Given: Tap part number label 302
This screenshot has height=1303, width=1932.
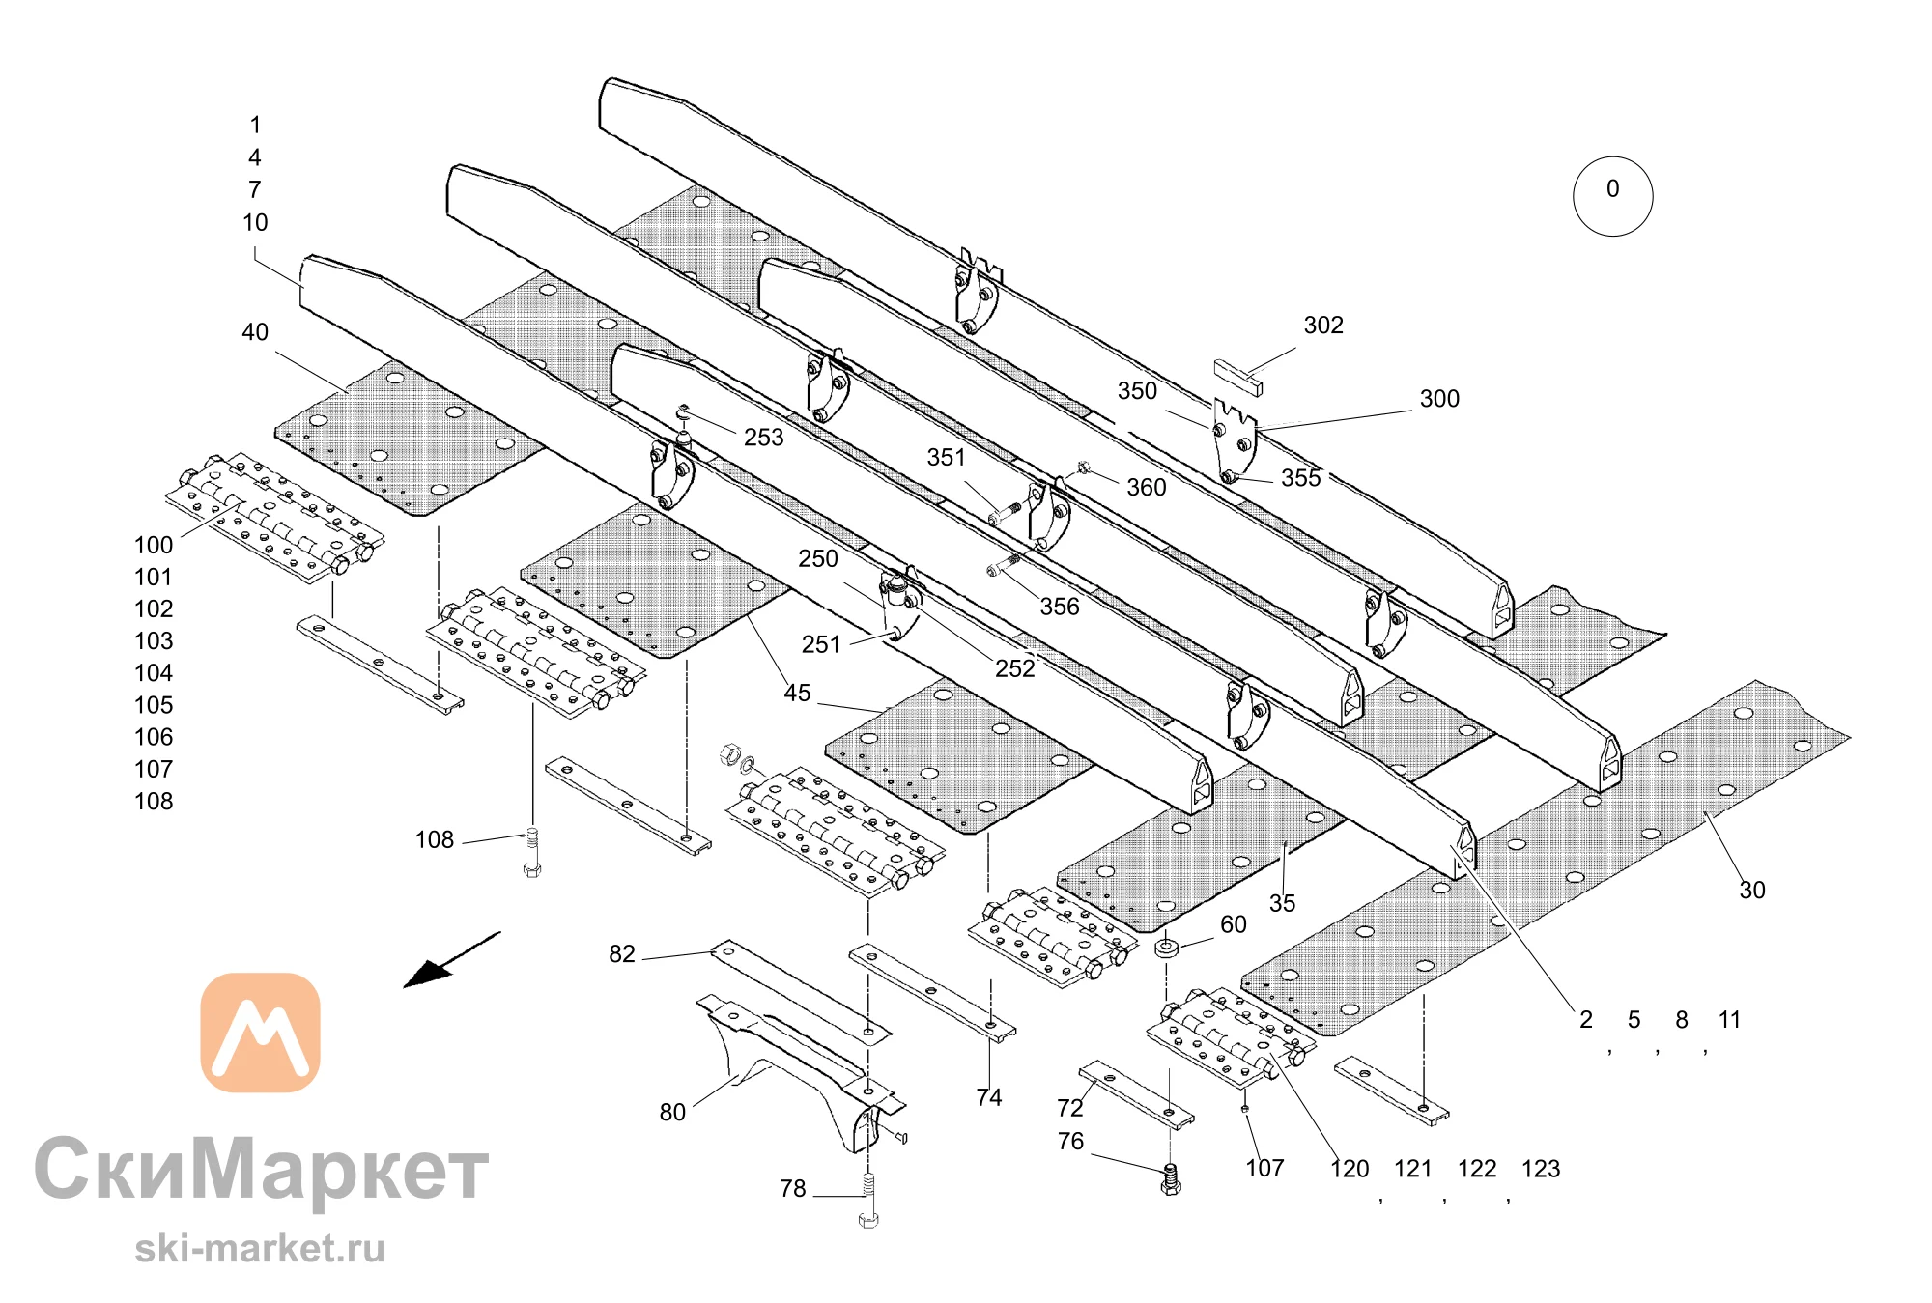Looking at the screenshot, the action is (1323, 326).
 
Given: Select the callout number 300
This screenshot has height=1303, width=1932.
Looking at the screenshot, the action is (1439, 399).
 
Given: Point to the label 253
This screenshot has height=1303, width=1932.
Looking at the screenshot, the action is (763, 438).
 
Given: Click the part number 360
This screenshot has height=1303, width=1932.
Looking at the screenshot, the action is (1147, 488).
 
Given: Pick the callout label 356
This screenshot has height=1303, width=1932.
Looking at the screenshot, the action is (1060, 607).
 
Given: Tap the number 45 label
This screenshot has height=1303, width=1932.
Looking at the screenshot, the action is (797, 694).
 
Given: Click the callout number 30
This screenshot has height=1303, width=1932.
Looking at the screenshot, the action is (1752, 891).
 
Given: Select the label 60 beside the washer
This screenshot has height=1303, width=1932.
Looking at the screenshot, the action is (1234, 924).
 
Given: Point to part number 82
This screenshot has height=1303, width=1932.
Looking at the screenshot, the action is (622, 954).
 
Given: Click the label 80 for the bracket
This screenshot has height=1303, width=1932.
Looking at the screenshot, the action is (672, 1113).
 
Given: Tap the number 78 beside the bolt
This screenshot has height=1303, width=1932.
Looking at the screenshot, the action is (793, 1189).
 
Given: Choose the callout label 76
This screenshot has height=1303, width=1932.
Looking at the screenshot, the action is (1070, 1142).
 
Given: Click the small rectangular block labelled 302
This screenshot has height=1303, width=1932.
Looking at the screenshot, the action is (1237, 377).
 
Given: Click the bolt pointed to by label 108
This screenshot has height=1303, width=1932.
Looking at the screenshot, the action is (531, 852).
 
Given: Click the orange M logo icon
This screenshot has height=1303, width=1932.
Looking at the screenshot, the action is (260, 1033).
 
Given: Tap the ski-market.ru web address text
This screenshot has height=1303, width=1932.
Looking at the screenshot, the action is (260, 1247).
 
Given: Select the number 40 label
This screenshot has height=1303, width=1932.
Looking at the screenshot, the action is (255, 332).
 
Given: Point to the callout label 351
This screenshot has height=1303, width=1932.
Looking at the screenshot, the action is (946, 458).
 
